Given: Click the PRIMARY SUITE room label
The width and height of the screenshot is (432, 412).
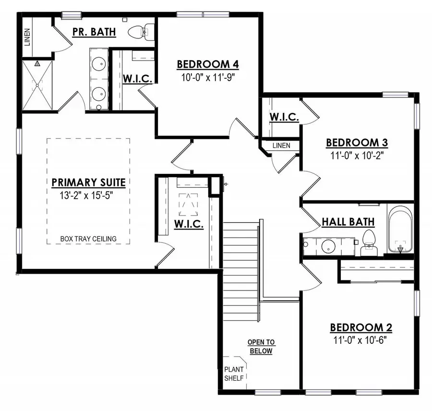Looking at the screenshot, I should coord(88,182).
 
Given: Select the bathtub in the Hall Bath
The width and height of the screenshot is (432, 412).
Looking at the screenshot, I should coord(400,230).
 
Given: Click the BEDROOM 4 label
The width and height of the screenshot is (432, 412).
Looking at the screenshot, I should coord(208,64).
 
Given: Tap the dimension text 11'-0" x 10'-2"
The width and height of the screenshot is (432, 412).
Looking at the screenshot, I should coord(357,155).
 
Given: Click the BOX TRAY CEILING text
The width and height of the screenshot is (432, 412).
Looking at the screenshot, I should coord(88,239).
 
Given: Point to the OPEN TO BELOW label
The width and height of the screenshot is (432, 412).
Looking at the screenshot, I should coord(261,346).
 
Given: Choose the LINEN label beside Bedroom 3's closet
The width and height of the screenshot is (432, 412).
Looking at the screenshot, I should coord(282,145).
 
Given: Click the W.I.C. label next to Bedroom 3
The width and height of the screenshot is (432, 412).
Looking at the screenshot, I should coord(285,117).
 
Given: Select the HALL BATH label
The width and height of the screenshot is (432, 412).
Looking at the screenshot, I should coord(348,222).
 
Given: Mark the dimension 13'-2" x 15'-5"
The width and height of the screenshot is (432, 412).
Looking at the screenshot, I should coord(88,195).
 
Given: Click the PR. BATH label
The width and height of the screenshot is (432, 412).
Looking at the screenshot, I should coord(94,32).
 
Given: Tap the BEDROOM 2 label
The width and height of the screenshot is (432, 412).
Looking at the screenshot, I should coord(361,327).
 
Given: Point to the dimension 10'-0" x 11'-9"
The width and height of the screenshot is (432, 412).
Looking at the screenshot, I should coord(208,76).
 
